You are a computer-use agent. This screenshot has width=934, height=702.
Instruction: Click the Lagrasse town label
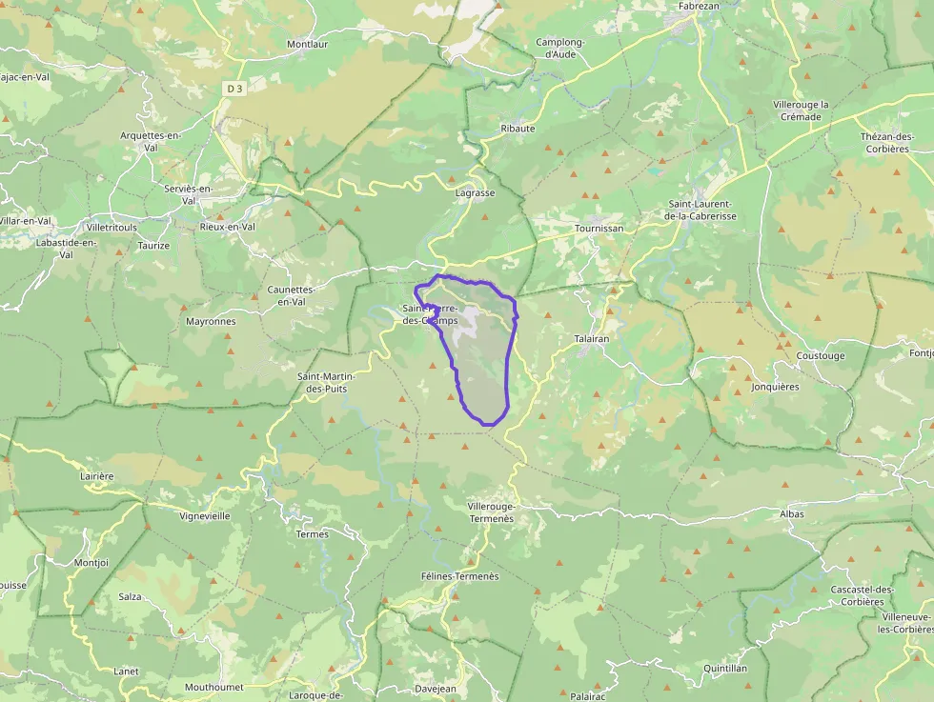[x=475, y=192]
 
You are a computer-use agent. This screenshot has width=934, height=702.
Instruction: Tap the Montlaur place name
[x=307, y=44]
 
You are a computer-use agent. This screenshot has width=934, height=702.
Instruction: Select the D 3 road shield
[x=235, y=89]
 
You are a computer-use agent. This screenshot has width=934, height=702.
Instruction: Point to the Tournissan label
[x=599, y=229]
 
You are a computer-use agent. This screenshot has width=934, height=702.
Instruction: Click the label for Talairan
[x=592, y=338]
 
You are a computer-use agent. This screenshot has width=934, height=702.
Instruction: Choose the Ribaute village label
[x=518, y=128]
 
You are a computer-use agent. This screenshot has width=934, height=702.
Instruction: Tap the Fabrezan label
[x=698, y=6]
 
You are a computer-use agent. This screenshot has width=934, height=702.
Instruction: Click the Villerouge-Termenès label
[x=491, y=512]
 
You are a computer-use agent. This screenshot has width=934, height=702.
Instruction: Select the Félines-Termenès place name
[x=459, y=576]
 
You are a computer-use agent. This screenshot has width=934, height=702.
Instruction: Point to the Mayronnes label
[x=211, y=321]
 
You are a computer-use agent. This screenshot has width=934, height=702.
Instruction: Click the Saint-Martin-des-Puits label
[x=322, y=382]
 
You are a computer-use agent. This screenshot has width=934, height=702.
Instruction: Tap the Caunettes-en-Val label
[x=285, y=295]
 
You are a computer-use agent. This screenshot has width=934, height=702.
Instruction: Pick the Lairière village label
[x=97, y=475]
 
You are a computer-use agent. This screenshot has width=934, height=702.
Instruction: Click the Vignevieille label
[x=205, y=515]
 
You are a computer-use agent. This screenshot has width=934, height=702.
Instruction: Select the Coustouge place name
[x=820, y=356]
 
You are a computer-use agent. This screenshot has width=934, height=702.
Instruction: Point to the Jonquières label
[x=775, y=387]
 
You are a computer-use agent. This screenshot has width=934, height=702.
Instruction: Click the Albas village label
[x=791, y=513]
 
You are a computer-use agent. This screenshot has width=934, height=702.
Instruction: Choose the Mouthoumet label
[x=213, y=687]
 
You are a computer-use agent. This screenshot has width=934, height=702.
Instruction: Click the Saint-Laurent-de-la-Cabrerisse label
[x=700, y=210]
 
